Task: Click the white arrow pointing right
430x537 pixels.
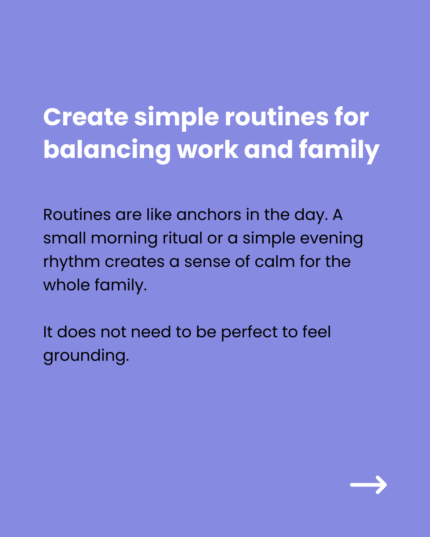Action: (368, 485)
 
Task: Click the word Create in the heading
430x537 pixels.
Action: (86, 117)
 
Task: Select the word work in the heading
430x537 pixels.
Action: (207, 150)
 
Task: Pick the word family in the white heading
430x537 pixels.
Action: (339, 151)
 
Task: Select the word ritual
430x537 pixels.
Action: (182, 238)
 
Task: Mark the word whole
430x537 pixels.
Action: (66, 285)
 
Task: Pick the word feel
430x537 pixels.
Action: (317, 332)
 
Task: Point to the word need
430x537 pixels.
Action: (151, 332)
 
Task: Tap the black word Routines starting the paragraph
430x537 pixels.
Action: (77, 214)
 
